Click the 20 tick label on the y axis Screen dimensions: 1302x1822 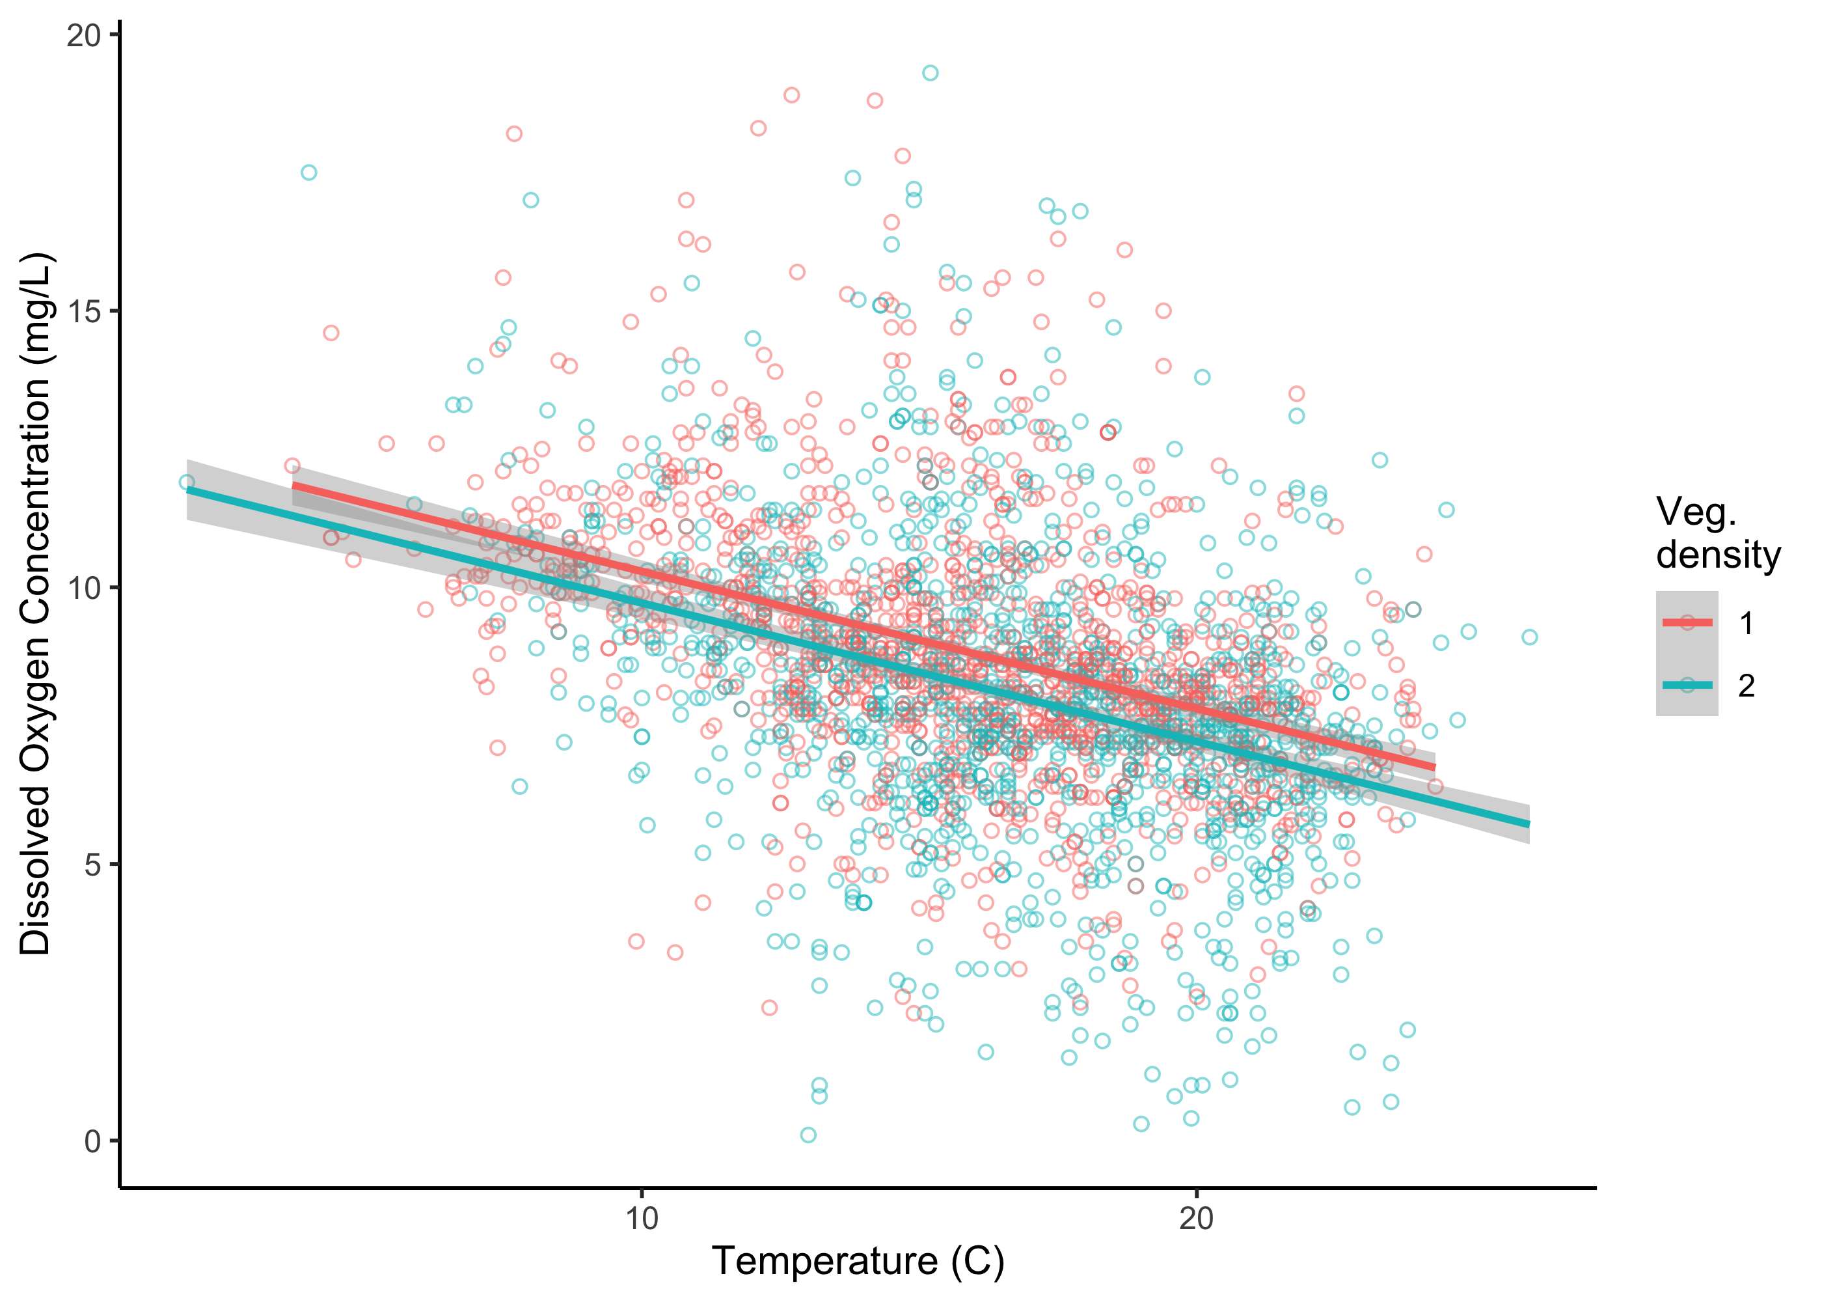point(83,35)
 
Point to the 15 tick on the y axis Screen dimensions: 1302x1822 point(83,312)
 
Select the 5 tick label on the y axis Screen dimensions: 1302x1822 point(93,865)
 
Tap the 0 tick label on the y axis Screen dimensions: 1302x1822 point(93,1141)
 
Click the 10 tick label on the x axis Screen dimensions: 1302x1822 point(641,1218)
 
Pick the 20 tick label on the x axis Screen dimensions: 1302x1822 point(1196,1218)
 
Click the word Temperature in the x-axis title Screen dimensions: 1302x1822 point(824,1261)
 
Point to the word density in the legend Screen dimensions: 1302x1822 point(1718,554)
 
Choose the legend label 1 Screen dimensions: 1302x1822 point(1747,623)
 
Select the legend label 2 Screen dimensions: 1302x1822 point(1747,686)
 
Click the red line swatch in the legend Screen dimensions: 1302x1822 point(1687,622)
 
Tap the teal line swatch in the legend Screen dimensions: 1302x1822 point(1687,685)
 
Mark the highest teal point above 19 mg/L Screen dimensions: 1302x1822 point(931,73)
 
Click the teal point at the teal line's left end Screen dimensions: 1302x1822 point(187,482)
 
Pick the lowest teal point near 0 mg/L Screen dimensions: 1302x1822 point(808,1135)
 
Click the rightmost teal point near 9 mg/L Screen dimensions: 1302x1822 point(1530,637)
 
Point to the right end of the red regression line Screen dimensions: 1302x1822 point(1434,768)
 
